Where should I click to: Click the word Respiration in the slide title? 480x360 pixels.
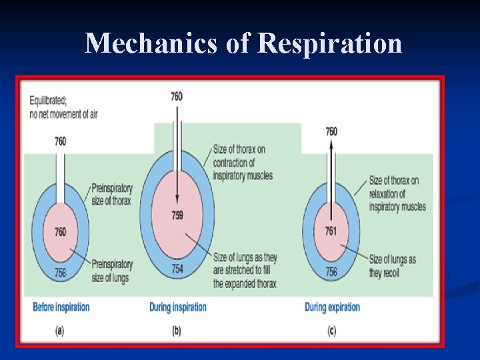pyautogui.click(x=329, y=44)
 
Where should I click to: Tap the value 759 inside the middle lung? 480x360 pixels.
pyautogui.click(x=177, y=215)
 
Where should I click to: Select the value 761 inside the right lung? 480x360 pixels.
pyautogui.click(x=331, y=231)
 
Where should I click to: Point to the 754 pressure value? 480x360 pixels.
pyautogui.click(x=177, y=268)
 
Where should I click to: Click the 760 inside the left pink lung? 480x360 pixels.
pyautogui.click(x=60, y=231)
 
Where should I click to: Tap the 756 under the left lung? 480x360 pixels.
pyautogui.click(x=60, y=272)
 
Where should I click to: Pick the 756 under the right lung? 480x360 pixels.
pyautogui.click(x=331, y=272)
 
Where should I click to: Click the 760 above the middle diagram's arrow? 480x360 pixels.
pyautogui.click(x=177, y=97)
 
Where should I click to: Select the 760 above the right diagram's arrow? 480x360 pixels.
pyautogui.click(x=331, y=131)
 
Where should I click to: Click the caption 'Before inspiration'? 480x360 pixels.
pyautogui.click(x=61, y=307)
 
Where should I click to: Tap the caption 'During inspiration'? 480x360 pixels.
pyautogui.click(x=178, y=307)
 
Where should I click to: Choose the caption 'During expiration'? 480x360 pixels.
pyautogui.click(x=332, y=307)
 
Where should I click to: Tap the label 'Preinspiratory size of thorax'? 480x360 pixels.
pyautogui.click(x=111, y=194)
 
